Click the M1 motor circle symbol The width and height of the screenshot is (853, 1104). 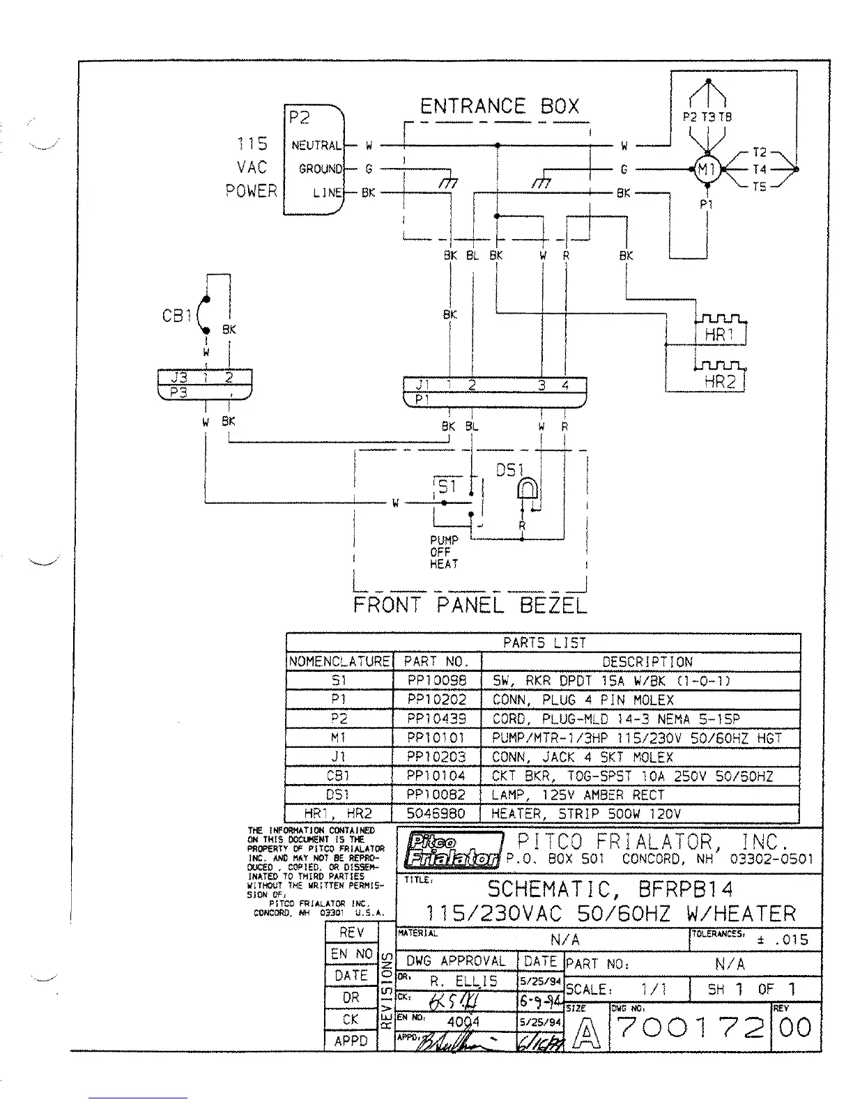pos(707,169)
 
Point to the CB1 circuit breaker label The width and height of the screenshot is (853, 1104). pos(176,316)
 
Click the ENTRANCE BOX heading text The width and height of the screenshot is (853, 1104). pos(500,107)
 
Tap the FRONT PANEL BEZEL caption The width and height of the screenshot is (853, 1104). pos(470,604)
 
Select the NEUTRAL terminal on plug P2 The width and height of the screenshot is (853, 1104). pos(316,146)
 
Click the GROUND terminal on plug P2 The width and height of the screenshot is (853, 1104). pos(321,169)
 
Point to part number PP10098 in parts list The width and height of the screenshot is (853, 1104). pos(437,681)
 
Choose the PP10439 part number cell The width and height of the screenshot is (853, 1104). pos(437,719)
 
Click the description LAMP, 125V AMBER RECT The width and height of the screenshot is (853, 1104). pos(578,795)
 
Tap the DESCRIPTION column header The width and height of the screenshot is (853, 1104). pos(647,661)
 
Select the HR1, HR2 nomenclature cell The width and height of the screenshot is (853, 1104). pos(339,813)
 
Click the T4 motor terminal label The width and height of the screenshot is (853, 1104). pos(760,169)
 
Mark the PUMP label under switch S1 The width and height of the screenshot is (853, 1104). pos(444,540)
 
